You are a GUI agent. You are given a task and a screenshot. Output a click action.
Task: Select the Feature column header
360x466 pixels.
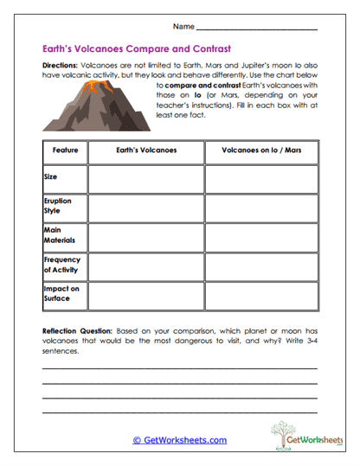tap(65, 150)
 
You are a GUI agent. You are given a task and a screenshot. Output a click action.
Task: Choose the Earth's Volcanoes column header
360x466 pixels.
tap(145, 150)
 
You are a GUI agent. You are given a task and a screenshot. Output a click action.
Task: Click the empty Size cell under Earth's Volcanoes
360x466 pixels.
tap(145, 178)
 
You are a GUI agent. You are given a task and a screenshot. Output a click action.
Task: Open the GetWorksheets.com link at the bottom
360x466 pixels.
tap(179, 440)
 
